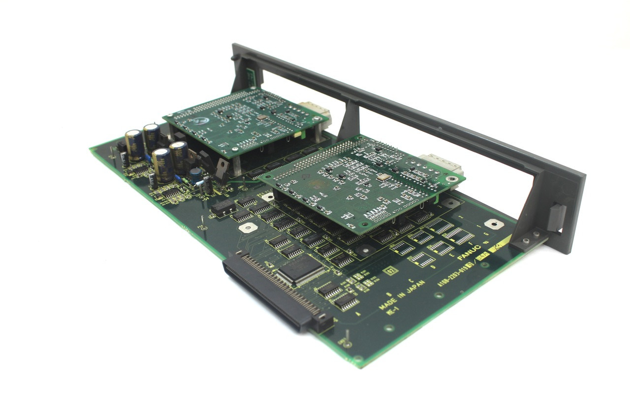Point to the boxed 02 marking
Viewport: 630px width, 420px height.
point(389,270)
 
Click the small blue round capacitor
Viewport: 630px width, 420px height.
point(195,174)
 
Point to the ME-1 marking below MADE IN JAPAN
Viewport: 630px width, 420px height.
point(392,312)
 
